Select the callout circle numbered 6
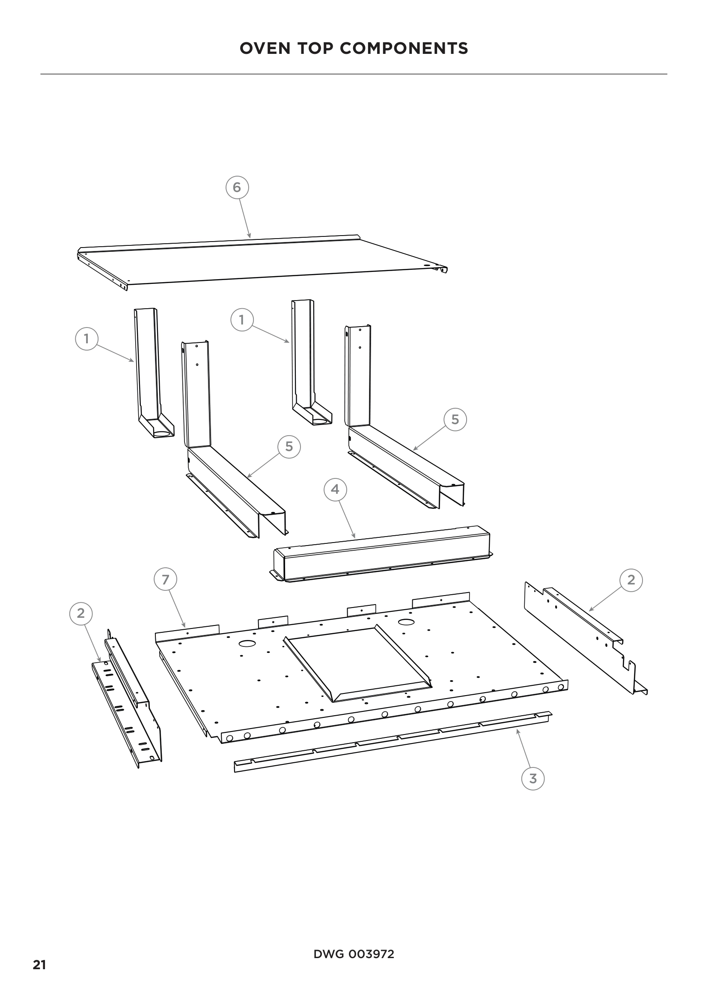[x=237, y=187]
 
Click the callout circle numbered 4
[x=335, y=489]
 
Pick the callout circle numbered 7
[x=166, y=580]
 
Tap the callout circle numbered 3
[x=533, y=778]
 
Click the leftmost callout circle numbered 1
[x=87, y=339]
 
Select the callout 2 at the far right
[x=631, y=580]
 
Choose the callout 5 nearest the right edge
[x=455, y=419]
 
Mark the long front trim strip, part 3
[x=393, y=740]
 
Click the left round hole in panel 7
[x=247, y=643]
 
